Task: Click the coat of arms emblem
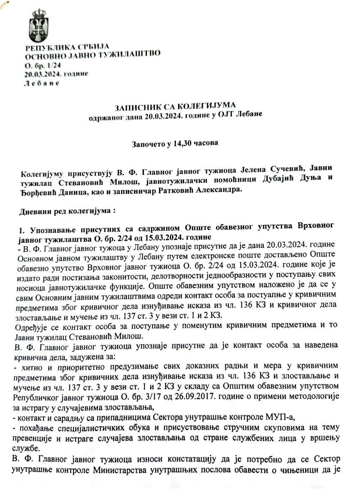(x=38, y=25)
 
